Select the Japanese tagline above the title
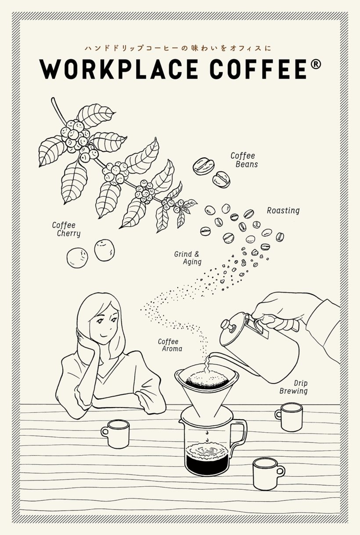tap(178, 48)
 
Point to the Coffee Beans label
tap(244, 160)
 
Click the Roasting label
tap(283, 210)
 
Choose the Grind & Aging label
tap(188, 258)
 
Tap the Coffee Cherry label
tap(66, 229)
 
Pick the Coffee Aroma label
tap(170, 345)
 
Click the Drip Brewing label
tap(294, 387)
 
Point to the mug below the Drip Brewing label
tap(289, 417)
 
